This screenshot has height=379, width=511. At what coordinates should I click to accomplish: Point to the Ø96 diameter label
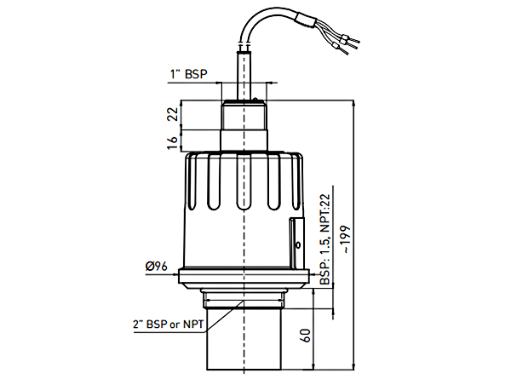[156, 267]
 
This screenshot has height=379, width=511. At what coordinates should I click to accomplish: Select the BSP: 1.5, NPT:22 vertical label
[324, 238]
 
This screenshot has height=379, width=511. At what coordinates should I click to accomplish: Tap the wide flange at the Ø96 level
[245, 277]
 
